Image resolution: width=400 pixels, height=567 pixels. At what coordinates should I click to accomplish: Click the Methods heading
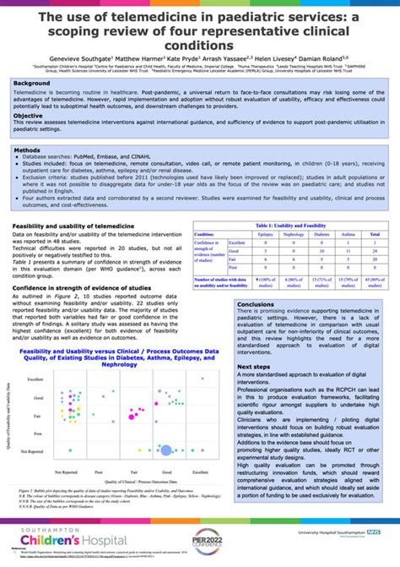(x=29, y=150)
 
